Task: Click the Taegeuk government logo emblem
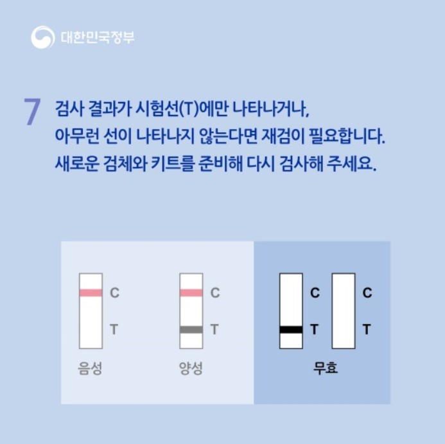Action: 43,37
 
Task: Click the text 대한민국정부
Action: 98,37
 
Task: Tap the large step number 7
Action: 32,111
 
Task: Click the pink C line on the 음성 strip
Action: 91,293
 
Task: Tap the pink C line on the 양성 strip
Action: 191,293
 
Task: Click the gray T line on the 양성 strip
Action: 191,329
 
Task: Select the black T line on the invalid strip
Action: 291,329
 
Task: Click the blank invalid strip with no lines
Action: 344,311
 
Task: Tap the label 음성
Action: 90,368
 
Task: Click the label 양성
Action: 191,368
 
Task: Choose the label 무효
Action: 325,368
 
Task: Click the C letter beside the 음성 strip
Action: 114,293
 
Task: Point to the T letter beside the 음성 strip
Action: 114,329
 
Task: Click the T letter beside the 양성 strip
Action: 214,329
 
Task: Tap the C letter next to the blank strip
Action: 367,293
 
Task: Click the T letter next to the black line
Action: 314,329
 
